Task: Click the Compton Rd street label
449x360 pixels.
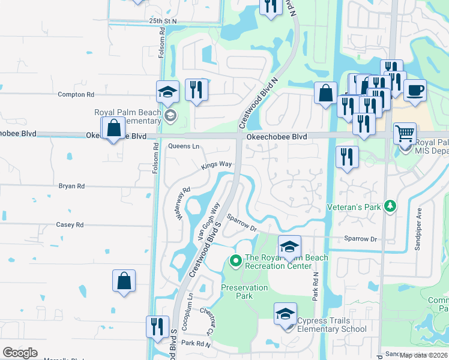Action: [76, 95]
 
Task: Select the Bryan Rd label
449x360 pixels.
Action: [71, 186]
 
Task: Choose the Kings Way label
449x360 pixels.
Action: [217, 164]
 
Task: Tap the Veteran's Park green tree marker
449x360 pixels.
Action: [391, 206]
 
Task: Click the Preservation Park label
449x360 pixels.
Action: [244, 292]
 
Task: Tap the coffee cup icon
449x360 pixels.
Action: [415, 90]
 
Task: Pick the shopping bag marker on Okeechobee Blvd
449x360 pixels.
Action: [113, 128]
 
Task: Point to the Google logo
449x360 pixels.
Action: [20, 353]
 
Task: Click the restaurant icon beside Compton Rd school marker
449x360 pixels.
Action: [196, 91]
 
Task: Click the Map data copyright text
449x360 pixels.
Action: [424, 355]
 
